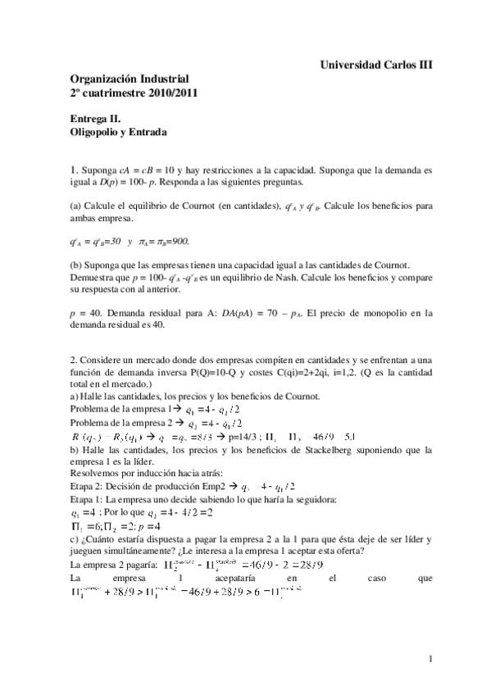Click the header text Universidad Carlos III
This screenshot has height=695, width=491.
coord(375,63)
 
